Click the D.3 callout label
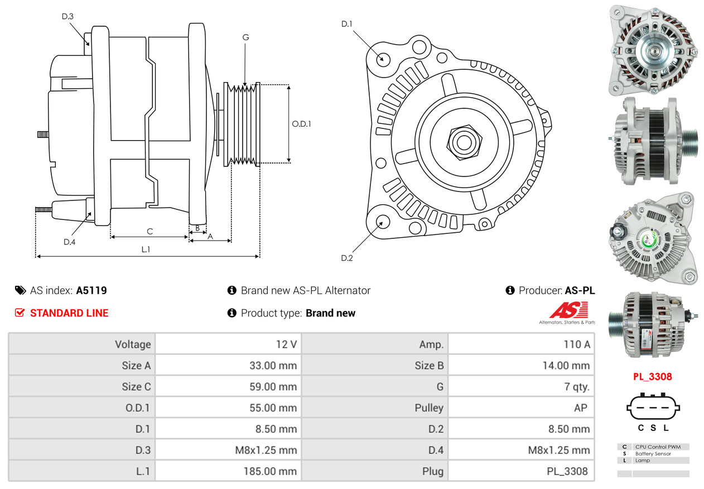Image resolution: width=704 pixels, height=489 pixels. pyautogui.click(x=67, y=16)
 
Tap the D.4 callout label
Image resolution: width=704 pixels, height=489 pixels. pyautogui.click(x=69, y=242)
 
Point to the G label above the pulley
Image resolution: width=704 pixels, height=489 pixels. pyautogui.click(x=245, y=37)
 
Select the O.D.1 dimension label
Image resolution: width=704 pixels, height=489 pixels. pyautogui.click(x=301, y=124)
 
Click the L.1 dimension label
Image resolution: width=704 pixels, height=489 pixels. pyautogui.click(x=145, y=250)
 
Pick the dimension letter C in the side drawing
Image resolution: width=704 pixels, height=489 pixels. pyautogui.click(x=150, y=231)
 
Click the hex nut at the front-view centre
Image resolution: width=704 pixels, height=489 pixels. pyautogui.click(x=462, y=141)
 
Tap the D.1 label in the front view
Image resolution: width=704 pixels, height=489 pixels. pyautogui.click(x=347, y=23)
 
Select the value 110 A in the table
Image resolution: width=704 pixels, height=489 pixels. pyautogui.click(x=576, y=344)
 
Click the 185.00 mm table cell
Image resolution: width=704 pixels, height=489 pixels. pyautogui.click(x=270, y=471)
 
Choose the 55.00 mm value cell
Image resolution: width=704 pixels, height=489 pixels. pyautogui.click(x=273, y=408)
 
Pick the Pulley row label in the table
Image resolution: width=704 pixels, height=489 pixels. pyautogui.click(x=429, y=408)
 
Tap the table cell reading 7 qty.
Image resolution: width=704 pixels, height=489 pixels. pyautogui.click(x=577, y=387)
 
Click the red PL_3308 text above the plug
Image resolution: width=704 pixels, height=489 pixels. pyautogui.click(x=652, y=376)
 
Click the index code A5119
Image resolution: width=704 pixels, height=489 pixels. pyautogui.click(x=91, y=290)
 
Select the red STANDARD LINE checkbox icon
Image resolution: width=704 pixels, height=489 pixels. pyautogui.click(x=20, y=313)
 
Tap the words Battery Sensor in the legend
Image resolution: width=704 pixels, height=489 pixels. pyautogui.click(x=653, y=454)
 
